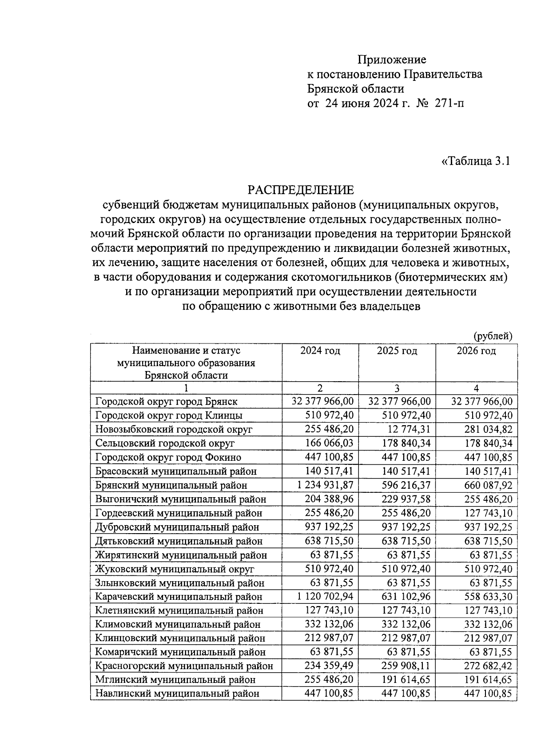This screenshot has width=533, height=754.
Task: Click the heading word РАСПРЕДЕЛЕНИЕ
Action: (x=301, y=190)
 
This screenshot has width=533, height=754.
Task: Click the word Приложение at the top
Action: (x=392, y=60)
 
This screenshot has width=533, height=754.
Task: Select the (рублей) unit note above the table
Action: (x=493, y=336)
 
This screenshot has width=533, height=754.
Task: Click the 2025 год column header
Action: (x=397, y=351)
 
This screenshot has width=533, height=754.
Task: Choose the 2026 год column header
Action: (x=476, y=351)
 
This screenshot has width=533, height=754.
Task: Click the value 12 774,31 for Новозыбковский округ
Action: (x=406, y=429)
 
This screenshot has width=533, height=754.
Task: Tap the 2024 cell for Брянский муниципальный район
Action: (x=326, y=485)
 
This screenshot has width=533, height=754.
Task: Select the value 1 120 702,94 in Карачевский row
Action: (x=326, y=596)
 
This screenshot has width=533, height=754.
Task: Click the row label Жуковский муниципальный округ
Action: (x=175, y=569)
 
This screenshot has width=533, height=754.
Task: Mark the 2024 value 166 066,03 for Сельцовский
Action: (x=329, y=443)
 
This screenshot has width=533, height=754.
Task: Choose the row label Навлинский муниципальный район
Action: (x=177, y=693)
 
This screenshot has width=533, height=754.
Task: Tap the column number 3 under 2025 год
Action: (x=397, y=388)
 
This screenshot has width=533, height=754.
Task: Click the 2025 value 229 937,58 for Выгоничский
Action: (x=406, y=499)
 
